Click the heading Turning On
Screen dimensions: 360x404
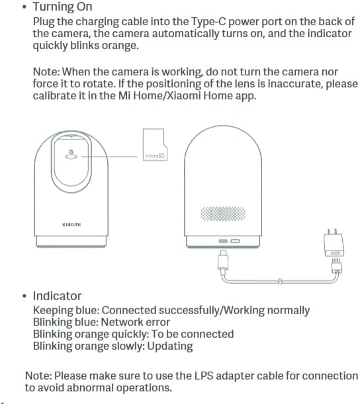(62, 7)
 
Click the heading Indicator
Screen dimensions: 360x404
(58, 296)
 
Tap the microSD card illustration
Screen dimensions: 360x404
(155, 145)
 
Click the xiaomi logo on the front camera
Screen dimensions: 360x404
(71, 224)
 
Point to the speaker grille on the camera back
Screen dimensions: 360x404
(223, 214)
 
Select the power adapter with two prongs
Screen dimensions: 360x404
(334, 243)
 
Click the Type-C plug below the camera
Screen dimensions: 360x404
(223, 261)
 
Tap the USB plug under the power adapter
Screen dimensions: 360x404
(337, 266)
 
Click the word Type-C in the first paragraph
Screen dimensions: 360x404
(208, 22)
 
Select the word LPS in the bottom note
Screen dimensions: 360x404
(204, 376)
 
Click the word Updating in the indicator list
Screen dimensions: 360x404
(170, 346)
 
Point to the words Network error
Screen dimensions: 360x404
(136, 322)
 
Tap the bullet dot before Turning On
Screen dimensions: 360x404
(24, 7)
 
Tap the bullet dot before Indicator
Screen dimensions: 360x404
(24, 296)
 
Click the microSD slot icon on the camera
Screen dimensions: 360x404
(71, 154)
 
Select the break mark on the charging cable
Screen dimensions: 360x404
(280, 282)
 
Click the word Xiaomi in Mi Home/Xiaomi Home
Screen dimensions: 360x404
(183, 96)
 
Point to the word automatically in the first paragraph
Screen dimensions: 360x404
(185, 34)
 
